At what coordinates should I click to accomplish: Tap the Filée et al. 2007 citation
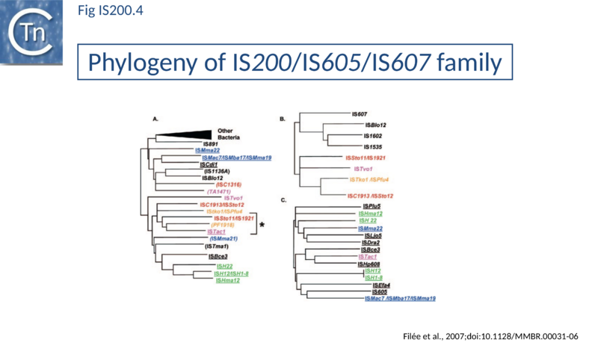490,336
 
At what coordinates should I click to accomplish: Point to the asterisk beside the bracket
262,224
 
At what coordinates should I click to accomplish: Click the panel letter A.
155,118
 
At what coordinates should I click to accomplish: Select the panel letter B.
282,118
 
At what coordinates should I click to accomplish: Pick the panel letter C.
282,199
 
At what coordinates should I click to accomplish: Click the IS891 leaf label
209,143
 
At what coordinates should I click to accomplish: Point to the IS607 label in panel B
360,114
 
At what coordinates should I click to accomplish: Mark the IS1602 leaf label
373,136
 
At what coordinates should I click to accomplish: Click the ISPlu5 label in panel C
372,206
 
